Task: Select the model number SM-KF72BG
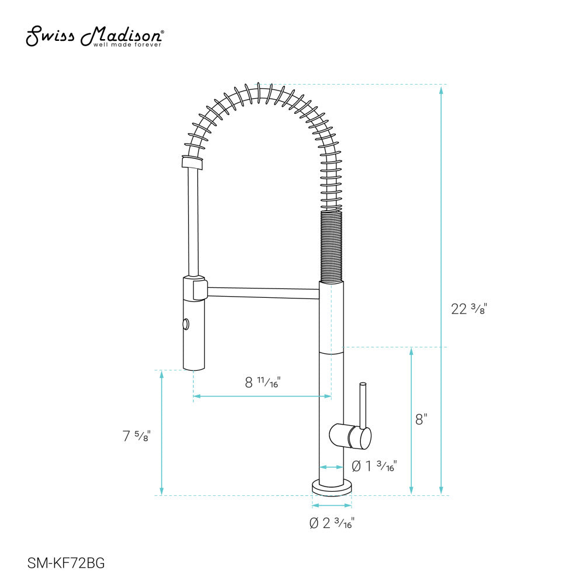pyautogui.click(x=66, y=563)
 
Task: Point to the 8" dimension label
pyautogui.click(x=421, y=419)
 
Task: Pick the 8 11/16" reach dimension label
pyautogui.click(x=262, y=383)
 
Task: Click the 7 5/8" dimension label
pyautogui.click(x=137, y=435)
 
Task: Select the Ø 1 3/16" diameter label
pyautogui.click(x=374, y=466)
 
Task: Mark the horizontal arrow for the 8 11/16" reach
pyautogui.click(x=262, y=397)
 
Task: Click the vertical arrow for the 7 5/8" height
pyautogui.click(x=162, y=432)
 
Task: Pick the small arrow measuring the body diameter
pyautogui.click(x=331, y=467)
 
